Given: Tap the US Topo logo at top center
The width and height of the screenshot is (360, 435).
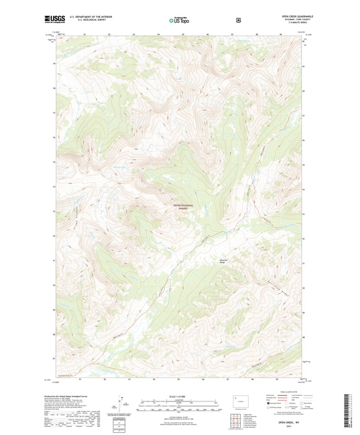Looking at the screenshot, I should tap(179, 20).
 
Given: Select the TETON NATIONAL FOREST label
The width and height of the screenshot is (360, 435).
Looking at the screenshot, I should tap(183, 207).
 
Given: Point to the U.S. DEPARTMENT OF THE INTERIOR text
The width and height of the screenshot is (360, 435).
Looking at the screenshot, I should tap(82, 16).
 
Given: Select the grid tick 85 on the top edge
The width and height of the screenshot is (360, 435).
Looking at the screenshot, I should tap(183, 34).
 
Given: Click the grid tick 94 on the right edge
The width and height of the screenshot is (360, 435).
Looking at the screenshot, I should tap(304, 190).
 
